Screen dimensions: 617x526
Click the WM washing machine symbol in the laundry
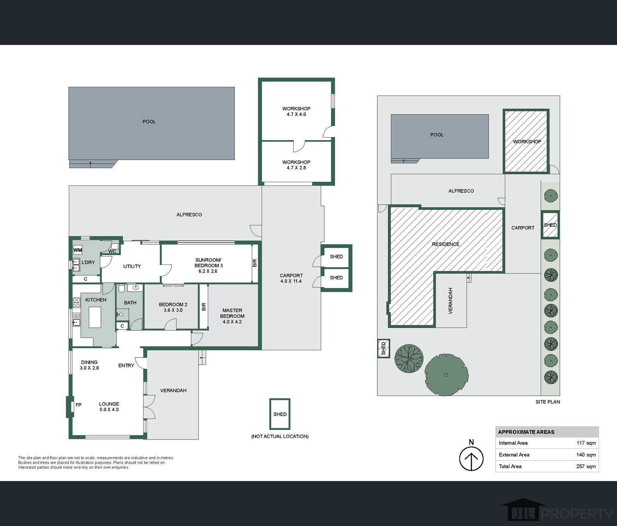(x=78, y=250)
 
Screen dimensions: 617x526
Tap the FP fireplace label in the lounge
(x=78, y=405)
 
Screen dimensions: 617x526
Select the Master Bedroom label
(x=232, y=316)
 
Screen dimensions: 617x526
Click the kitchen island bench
(x=95, y=317)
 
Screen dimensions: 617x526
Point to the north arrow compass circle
(x=471, y=458)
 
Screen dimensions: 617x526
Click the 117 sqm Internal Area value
(x=586, y=443)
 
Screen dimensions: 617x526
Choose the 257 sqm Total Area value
(x=586, y=466)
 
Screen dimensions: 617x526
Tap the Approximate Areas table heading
(x=526, y=432)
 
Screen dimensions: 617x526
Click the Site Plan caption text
(x=548, y=402)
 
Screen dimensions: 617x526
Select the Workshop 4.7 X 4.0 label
(x=296, y=111)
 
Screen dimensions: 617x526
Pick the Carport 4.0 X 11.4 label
(x=291, y=278)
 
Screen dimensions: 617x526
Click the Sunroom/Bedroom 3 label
(x=209, y=265)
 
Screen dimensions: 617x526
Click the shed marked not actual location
(x=280, y=414)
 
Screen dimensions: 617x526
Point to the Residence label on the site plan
(x=446, y=244)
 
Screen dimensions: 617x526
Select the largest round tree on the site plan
(x=446, y=375)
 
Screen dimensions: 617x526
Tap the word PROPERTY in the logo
(x=577, y=514)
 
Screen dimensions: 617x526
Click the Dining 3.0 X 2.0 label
(x=89, y=365)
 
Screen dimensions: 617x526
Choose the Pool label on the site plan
(x=437, y=135)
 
